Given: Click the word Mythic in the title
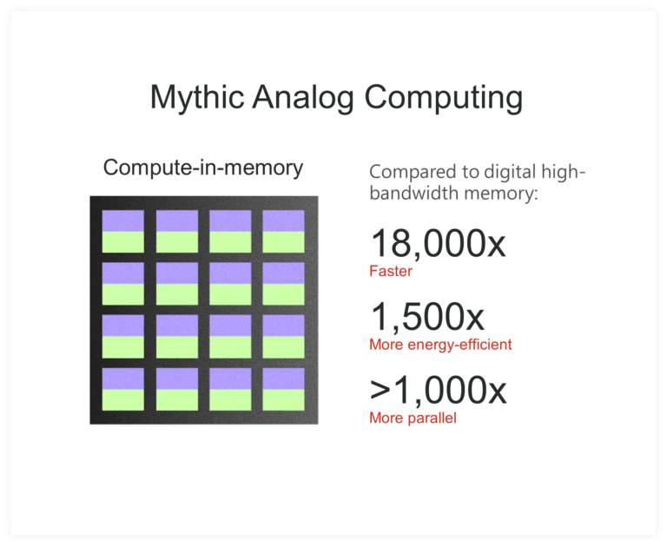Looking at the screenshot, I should pos(197,97).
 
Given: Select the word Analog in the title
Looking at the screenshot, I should pos(304,97).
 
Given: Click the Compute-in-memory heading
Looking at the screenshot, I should pos(203,168).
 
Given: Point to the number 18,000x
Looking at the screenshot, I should pos(438,243).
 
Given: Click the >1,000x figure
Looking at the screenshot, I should pos(438,391).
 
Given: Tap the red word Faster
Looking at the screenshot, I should pos(390,272).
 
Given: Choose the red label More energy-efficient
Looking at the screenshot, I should pos(440,345).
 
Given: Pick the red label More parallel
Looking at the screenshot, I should pos(413,418).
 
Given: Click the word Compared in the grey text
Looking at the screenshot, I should pos(409,172).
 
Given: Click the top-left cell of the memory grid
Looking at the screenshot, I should pos(123,231).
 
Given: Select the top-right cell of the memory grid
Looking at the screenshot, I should pos(284,231).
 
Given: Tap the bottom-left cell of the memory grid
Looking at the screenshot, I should pos(123,389).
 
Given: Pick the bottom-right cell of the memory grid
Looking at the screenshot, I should pos(284,389).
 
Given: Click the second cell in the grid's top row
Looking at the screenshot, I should pos(177,231).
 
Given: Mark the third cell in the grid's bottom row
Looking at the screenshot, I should pos(230,389).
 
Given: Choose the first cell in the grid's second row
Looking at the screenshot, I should pos(123,284).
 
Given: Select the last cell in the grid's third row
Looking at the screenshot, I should pos(284,336).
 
